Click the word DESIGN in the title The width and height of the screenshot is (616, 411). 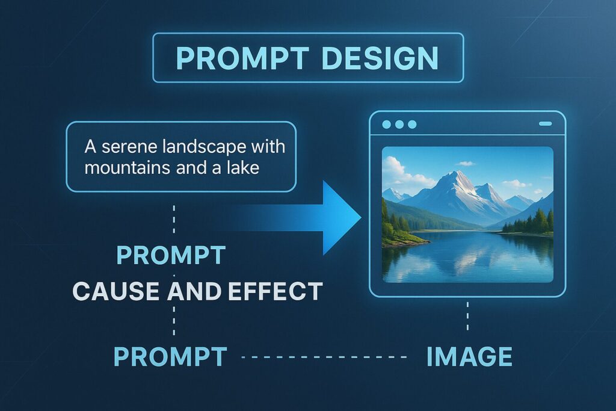[380, 58]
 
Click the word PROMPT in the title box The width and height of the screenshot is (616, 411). [242, 58]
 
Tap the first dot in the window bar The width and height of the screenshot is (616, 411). [387, 125]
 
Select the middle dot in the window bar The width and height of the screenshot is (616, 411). [399, 125]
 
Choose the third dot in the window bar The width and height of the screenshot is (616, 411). [412, 125]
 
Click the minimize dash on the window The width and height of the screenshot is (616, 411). [545, 124]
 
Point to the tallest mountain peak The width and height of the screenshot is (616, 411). [457, 172]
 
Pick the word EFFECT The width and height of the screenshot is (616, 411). [275, 291]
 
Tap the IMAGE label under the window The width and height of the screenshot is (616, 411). [469, 356]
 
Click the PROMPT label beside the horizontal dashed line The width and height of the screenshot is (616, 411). [170, 356]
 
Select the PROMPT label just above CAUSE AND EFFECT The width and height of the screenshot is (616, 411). [171, 255]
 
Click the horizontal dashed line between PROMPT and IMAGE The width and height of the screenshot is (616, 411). [324, 357]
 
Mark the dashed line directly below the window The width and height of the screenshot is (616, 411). [467, 316]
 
